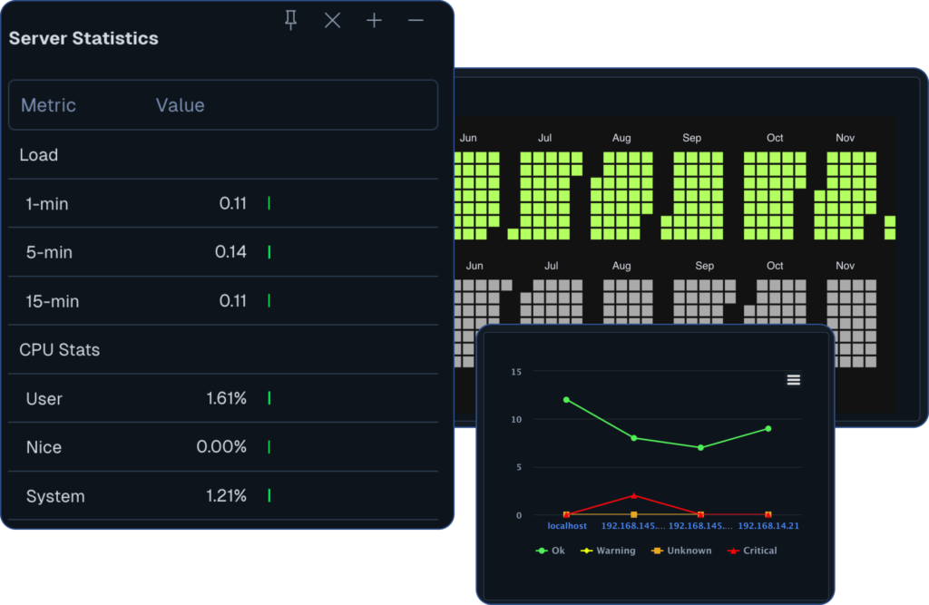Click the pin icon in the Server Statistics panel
click(290, 20)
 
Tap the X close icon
click(333, 20)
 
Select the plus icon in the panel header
click(374, 20)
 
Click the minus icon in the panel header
click(416, 20)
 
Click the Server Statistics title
click(83, 38)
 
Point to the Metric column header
click(48, 105)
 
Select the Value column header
click(180, 105)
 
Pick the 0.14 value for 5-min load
click(230, 251)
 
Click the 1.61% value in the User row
click(226, 398)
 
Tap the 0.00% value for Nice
click(221, 447)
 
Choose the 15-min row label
click(53, 301)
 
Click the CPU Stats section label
click(60, 349)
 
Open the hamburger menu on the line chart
click(794, 380)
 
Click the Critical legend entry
click(752, 551)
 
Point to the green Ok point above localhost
click(567, 399)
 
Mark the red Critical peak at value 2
click(634, 495)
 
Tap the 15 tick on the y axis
click(516, 372)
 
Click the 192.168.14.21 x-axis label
click(768, 525)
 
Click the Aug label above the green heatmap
click(621, 138)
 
